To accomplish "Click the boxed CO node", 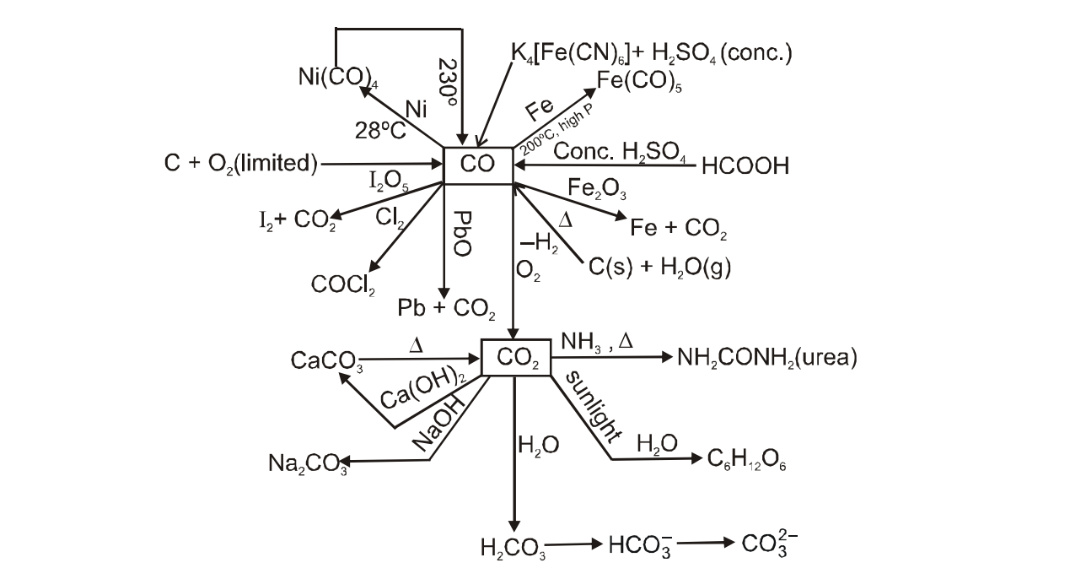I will pos(478,165).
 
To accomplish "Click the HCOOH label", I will pos(745,166).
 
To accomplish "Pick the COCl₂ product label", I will pos(343,286).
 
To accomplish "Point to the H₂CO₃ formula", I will pos(512,549).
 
